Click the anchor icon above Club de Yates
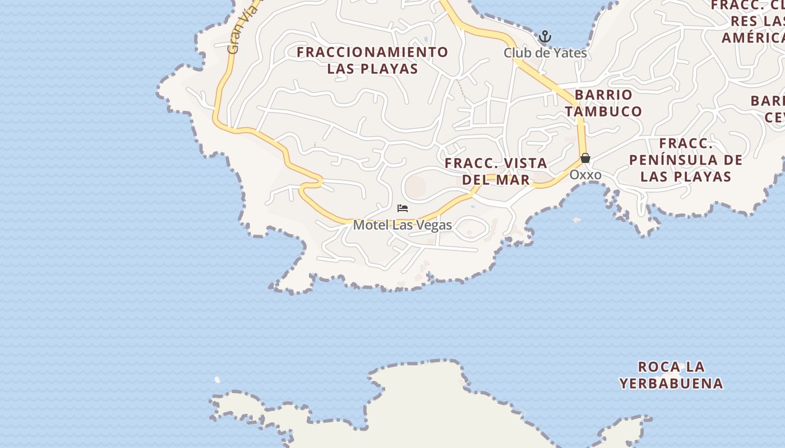545,38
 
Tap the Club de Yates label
545,53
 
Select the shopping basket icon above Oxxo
585,158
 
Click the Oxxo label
585,175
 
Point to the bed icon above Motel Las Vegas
402,208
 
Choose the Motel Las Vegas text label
402,225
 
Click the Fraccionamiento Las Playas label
373,60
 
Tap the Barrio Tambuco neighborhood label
603,103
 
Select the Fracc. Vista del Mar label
496,171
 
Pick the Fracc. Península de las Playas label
686,160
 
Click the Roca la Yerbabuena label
671,375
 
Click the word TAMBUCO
603,111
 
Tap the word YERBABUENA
671,384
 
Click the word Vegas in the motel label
434,225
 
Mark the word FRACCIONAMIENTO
373,52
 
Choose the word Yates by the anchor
571,53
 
